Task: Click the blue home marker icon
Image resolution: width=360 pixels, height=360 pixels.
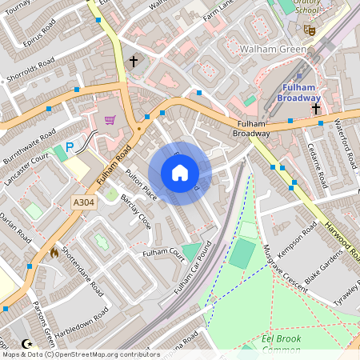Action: click(180, 173)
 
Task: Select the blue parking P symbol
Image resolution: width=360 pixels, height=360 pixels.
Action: click(70, 147)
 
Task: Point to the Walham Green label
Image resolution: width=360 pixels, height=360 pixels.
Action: click(272, 50)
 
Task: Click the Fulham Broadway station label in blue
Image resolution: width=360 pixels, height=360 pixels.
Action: click(298, 92)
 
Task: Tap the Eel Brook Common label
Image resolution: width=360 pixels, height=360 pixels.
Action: click(286, 344)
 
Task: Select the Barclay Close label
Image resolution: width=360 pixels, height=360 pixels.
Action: click(135, 212)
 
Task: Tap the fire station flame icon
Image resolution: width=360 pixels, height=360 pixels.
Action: click(54, 251)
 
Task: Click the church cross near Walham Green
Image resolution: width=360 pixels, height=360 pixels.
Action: click(134, 61)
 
